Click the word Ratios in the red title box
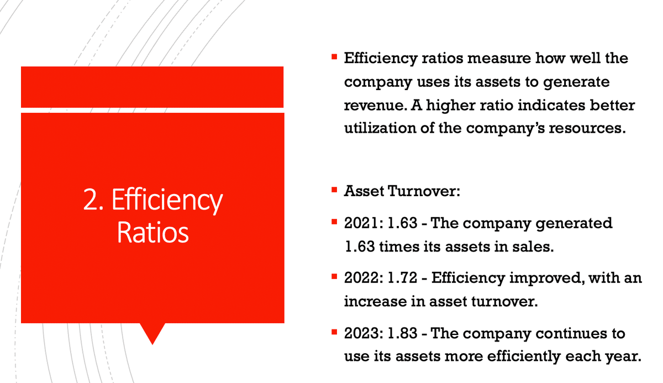[x=152, y=233]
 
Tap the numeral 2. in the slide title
[x=93, y=200]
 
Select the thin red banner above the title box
[x=152, y=87]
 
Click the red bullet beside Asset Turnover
[x=334, y=190]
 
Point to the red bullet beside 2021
[x=334, y=222]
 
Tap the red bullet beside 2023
[x=334, y=332]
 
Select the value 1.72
[x=402, y=278]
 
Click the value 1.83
[x=402, y=333]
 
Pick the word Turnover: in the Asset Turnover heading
[x=424, y=191]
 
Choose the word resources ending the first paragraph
[x=587, y=129]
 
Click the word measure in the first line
[x=499, y=59]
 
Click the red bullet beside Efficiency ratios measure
[x=334, y=56]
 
